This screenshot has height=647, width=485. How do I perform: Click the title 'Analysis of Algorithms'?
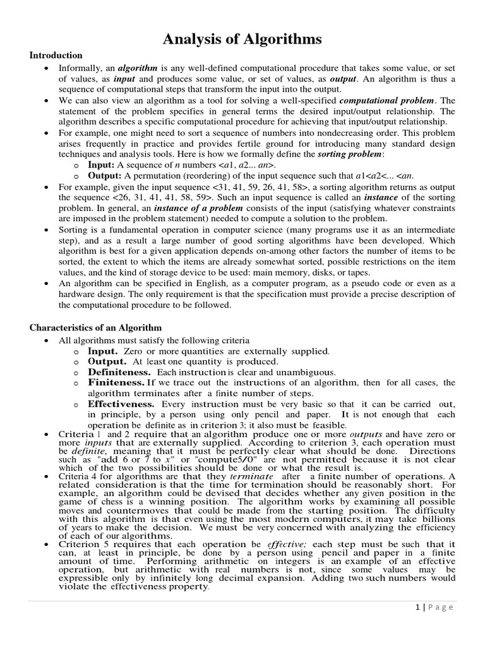point(242,40)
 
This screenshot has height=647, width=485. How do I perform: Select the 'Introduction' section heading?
point(56,56)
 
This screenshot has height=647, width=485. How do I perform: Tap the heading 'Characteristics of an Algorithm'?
point(96,327)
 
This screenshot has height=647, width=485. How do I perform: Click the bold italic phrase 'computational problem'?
point(387,100)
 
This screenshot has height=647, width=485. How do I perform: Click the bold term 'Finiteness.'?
point(116,383)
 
